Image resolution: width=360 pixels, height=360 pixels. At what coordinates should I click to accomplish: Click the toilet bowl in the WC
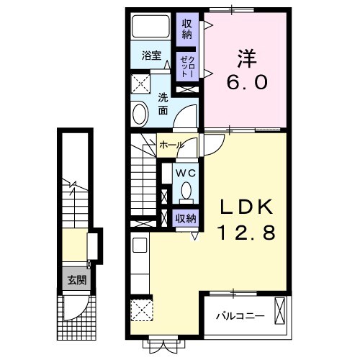point(186,192)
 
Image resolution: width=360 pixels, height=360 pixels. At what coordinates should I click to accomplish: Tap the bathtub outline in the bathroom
point(152,27)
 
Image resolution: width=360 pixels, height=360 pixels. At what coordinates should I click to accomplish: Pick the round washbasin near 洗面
point(140,112)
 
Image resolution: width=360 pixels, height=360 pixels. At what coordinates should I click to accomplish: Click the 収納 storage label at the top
point(187,28)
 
